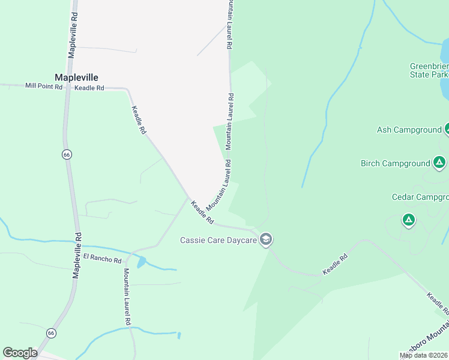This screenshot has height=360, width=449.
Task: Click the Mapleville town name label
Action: (x=76, y=77)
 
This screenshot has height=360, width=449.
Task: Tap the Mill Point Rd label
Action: (x=44, y=86)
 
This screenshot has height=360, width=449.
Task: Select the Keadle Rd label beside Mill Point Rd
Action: (x=89, y=88)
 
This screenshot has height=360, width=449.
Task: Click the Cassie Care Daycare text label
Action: (x=218, y=240)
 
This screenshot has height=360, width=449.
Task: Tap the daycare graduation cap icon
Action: (x=266, y=240)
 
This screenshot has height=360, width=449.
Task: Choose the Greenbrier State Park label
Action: (x=429, y=70)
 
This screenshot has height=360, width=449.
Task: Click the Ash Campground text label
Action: (x=409, y=130)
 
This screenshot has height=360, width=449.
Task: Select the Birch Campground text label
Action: (x=395, y=163)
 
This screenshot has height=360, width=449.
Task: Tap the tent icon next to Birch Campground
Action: (x=439, y=163)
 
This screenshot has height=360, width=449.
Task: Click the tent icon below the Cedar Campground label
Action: (x=409, y=220)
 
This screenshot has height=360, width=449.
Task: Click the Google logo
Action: (x=20, y=353)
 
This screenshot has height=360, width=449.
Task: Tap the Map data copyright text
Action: (x=424, y=355)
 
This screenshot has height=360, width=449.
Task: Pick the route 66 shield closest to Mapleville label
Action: (x=66, y=154)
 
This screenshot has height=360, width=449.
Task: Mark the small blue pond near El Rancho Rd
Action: (x=141, y=262)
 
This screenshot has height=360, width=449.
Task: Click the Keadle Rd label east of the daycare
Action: (x=335, y=265)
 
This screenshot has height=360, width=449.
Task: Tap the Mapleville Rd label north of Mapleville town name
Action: (x=73, y=37)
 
